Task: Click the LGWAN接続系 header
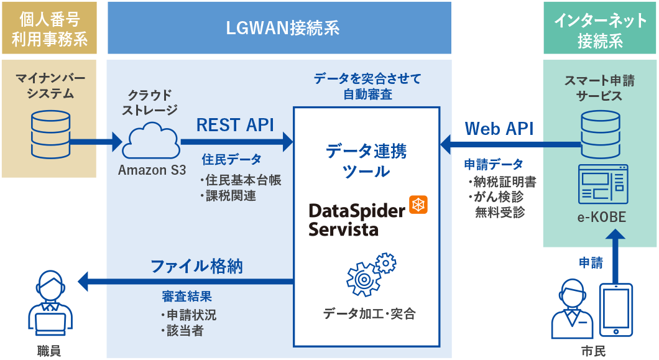pos(279,29)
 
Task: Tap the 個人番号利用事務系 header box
pos(49,29)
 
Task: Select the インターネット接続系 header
pos(600,29)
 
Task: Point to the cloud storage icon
pos(151,141)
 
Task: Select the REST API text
pos(235,125)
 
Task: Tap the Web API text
pos(499,129)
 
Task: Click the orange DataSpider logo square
pos(418,205)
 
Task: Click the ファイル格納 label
pos(196,266)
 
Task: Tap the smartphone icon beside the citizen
pos(615,309)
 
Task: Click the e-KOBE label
pos(600,217)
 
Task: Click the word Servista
pos(343,228)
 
